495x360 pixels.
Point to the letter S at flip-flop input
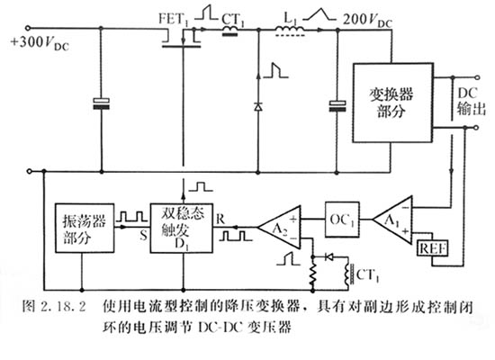(142, 238)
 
